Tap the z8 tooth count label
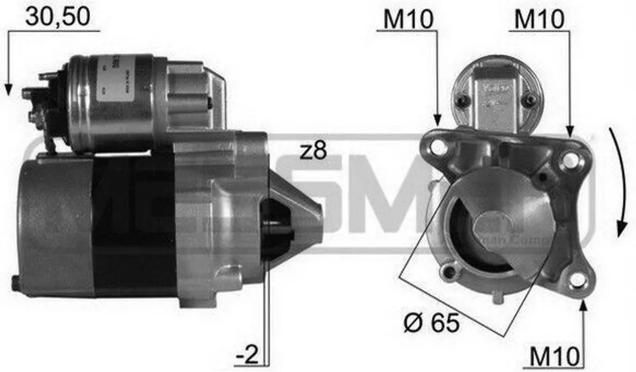(312, 151)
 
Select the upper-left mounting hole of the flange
(438, 148)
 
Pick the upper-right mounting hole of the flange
(568, 160)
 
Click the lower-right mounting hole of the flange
(577, 280)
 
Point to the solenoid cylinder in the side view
(112, 102)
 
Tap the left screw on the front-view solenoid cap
(461, 102)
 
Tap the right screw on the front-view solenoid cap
(529, 99)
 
